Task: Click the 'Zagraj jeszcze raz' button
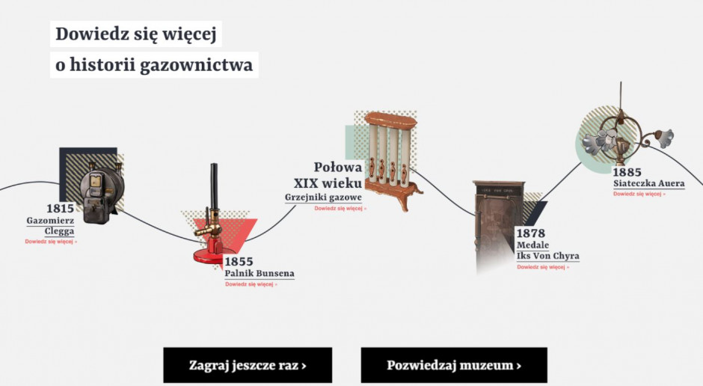[x=248, y=365]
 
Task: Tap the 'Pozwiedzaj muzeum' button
[x=454, y=365]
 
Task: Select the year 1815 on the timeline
[x=60, y=209]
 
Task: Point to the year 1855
[x=239, y=261]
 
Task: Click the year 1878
[x=531, y=233]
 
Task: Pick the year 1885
[x=627, y=172]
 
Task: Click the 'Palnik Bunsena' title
[x=260, y=273]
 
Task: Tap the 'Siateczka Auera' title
[x=648, y=183]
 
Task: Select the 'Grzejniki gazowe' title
[x=323, y=197]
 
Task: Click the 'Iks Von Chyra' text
[x=548, y=256]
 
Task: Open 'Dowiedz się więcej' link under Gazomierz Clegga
[x=51, y=242]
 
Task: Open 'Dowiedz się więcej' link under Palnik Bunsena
[x=251, y=284]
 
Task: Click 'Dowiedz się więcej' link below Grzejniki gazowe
[x=340, y=209]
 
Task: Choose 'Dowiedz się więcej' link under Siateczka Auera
[x=639, y=194]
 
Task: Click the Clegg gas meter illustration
[x=102, y=192]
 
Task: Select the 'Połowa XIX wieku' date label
[x=328, y=175]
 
